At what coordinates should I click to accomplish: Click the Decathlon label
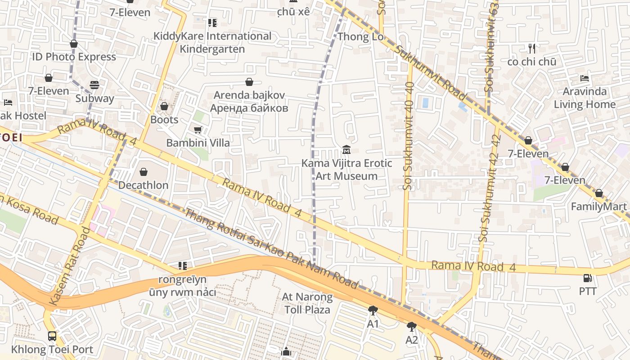coord(143,185)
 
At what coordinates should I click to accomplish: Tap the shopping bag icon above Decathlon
coord(143,172)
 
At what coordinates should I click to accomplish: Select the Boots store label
coord(164,120)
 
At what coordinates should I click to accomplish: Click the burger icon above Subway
coord(94,85)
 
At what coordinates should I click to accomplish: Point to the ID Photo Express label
coord(74,57)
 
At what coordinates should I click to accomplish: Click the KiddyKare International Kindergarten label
coord(212,42)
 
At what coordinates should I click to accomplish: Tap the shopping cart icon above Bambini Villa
coord(198,130)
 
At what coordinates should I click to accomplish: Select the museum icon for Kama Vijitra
coord(346,149)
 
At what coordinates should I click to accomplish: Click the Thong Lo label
coord(360,36)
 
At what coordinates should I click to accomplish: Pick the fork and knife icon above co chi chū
coord(532,49)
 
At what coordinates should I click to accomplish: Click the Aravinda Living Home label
coord(585,98)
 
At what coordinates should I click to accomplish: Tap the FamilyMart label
coord(598,207)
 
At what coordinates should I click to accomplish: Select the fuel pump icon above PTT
coord(588,278)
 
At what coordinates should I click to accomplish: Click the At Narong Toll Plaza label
coord(307,303)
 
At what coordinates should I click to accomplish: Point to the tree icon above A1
coord(373,310)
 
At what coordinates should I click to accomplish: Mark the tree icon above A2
coord(411,326)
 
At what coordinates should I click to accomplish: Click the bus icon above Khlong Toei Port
coord(52,336)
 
